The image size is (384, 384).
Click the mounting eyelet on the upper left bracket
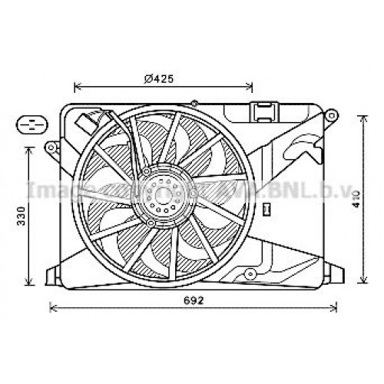[x=51, y=146]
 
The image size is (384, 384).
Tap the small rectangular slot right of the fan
[x=266, y=207]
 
